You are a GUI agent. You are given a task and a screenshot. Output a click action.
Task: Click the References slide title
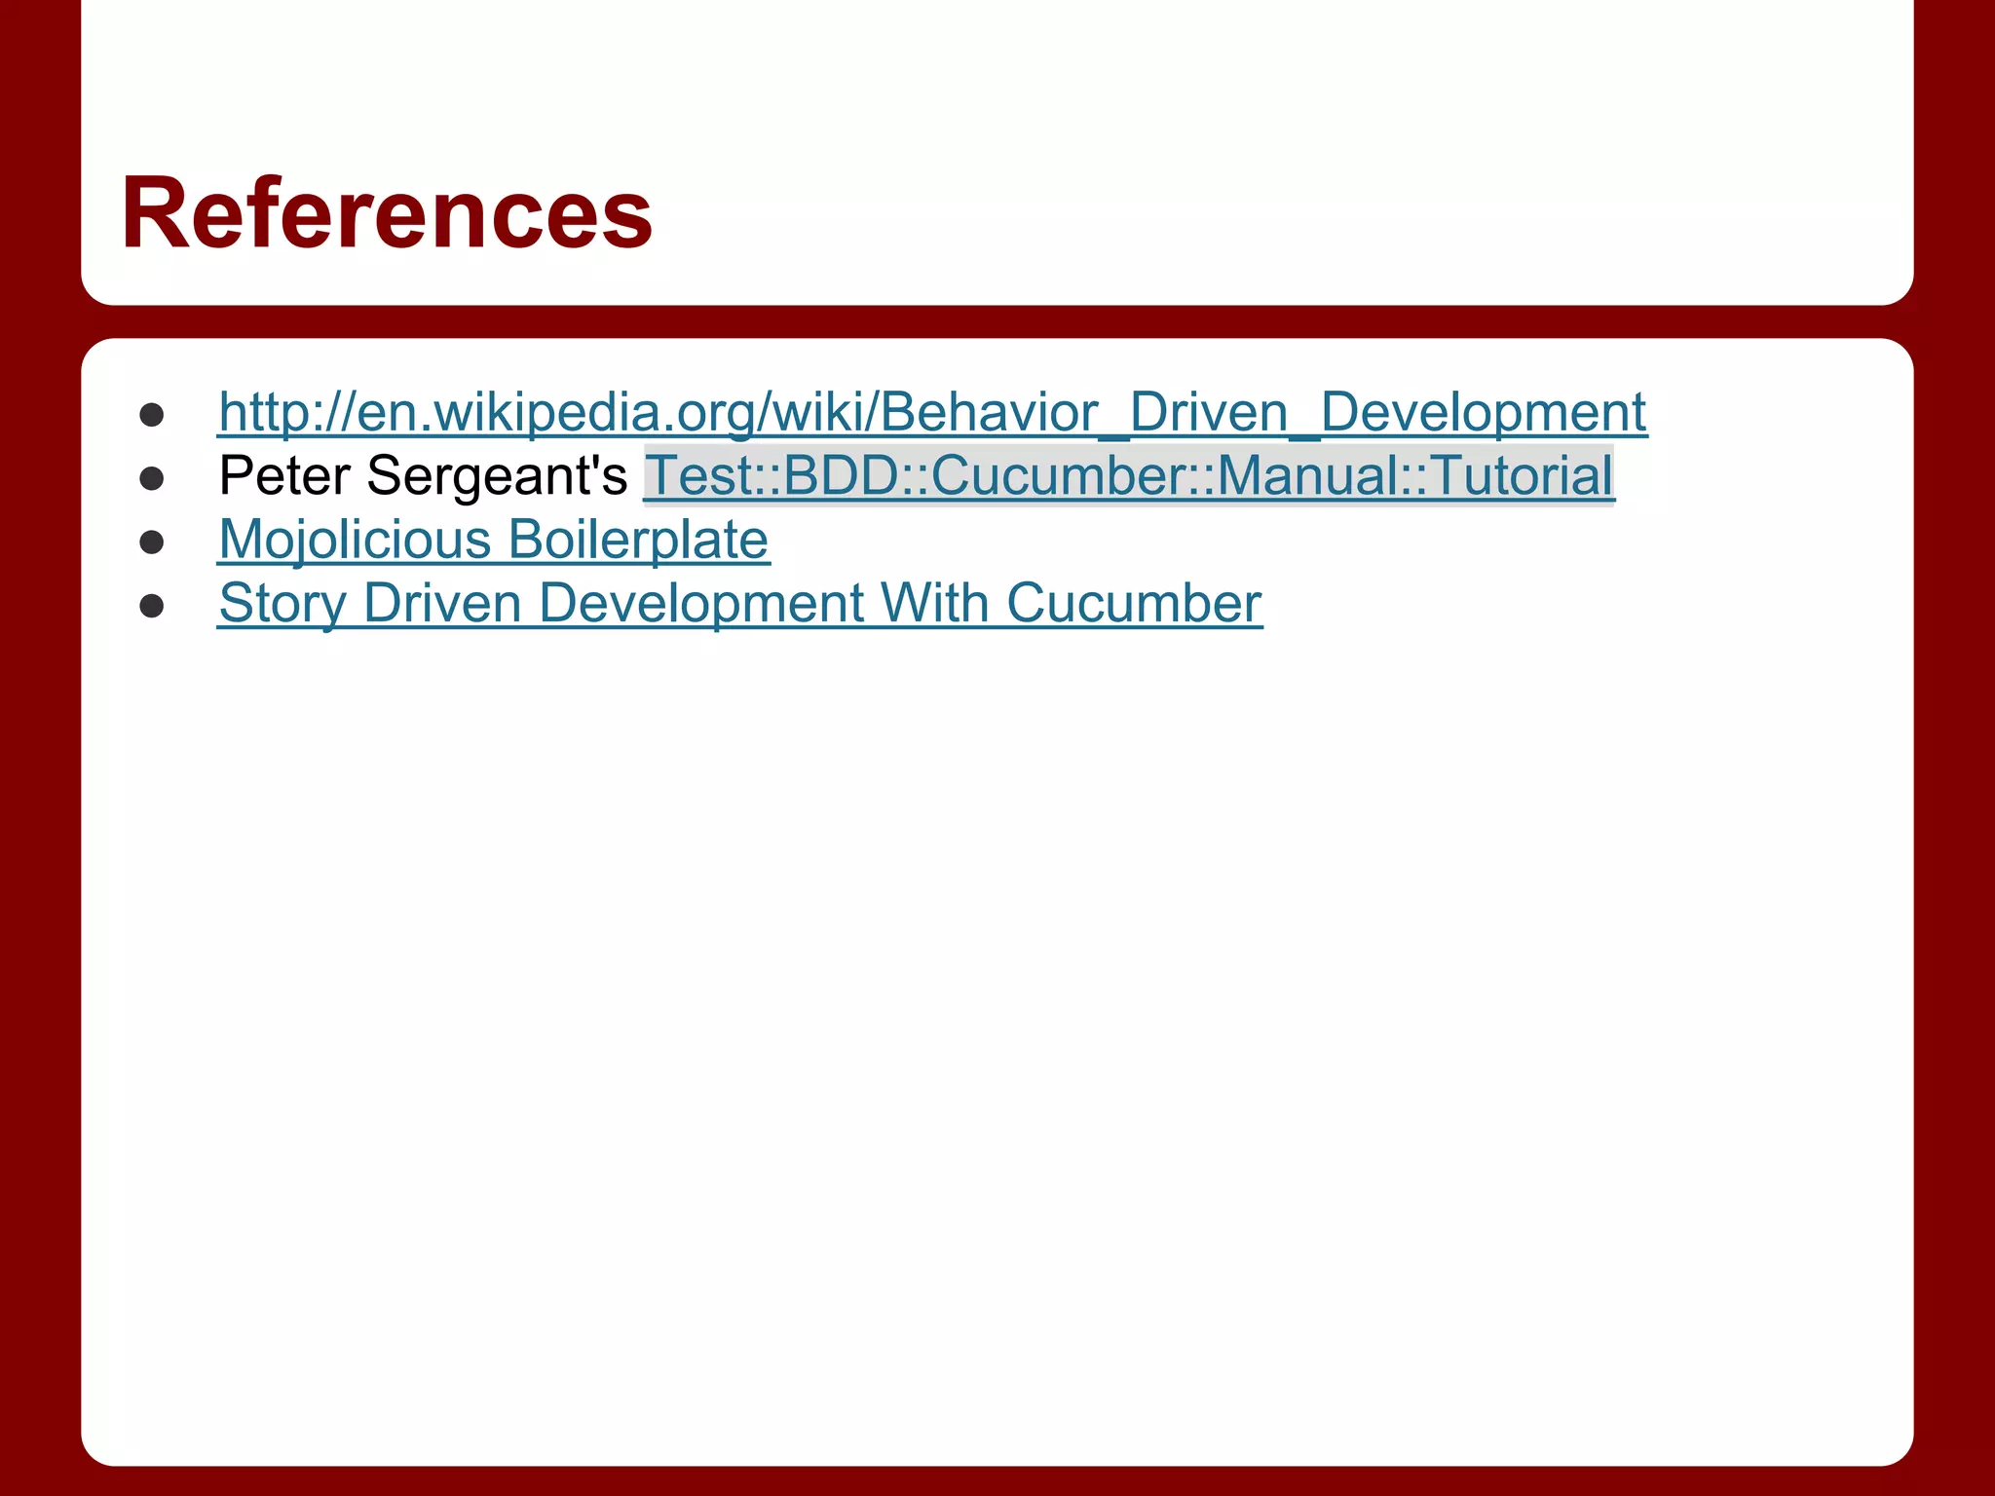pos(387,213)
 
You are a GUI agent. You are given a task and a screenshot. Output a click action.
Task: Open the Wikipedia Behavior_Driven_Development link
pos(932,412)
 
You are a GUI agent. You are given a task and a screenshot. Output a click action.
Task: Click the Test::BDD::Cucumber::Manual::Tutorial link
pos(1128,475)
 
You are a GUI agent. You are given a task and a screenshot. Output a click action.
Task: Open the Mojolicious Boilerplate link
pos(494,540)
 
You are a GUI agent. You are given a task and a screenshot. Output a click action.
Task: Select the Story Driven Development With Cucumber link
pos(740,603)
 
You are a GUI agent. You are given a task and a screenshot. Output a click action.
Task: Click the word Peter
pos(284,475)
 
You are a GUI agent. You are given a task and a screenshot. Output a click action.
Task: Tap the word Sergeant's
pos(498,475)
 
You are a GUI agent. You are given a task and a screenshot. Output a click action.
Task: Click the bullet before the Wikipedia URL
pos(151,415)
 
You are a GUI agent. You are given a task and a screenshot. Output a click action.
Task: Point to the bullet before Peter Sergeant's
pos(151,478)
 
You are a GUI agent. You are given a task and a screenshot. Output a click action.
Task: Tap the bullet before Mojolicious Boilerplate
pos(151,542)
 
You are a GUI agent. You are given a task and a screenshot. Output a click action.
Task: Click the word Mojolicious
pos(355,540)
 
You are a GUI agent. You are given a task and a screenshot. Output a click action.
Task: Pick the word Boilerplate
pos(638,540)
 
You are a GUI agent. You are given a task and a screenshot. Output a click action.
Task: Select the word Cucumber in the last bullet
pos(1134,603)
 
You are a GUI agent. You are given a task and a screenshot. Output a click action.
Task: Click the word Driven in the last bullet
pos(442,603)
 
